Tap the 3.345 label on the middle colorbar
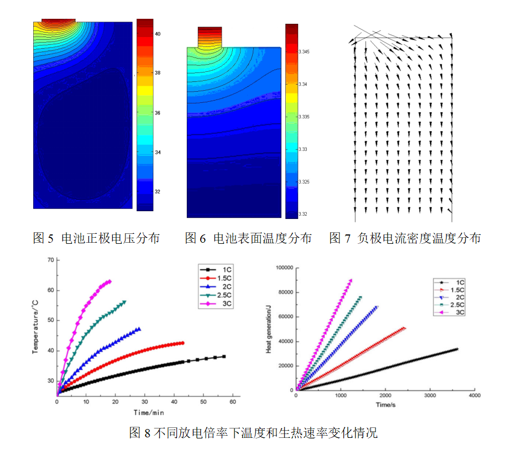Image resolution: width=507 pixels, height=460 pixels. [304, 52]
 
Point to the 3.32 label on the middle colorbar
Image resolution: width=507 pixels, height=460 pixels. [302, 214]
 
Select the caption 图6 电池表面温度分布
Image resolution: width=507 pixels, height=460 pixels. [248, 239]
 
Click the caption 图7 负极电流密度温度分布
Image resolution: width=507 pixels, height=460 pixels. [405, 239]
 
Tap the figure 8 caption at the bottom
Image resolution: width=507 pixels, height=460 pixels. [253, 433]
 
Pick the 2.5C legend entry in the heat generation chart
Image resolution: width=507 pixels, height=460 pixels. [455, 305]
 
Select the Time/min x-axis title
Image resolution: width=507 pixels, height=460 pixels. [148, 412]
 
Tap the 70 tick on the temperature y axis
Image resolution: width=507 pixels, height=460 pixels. [50, 260]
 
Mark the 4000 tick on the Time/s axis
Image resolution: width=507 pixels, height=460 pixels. [474, 396]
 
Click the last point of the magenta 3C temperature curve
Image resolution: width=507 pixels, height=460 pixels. [109, 281]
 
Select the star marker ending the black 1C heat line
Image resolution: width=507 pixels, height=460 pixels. [458, 349]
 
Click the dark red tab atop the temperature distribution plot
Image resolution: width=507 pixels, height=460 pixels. [210, 36]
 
